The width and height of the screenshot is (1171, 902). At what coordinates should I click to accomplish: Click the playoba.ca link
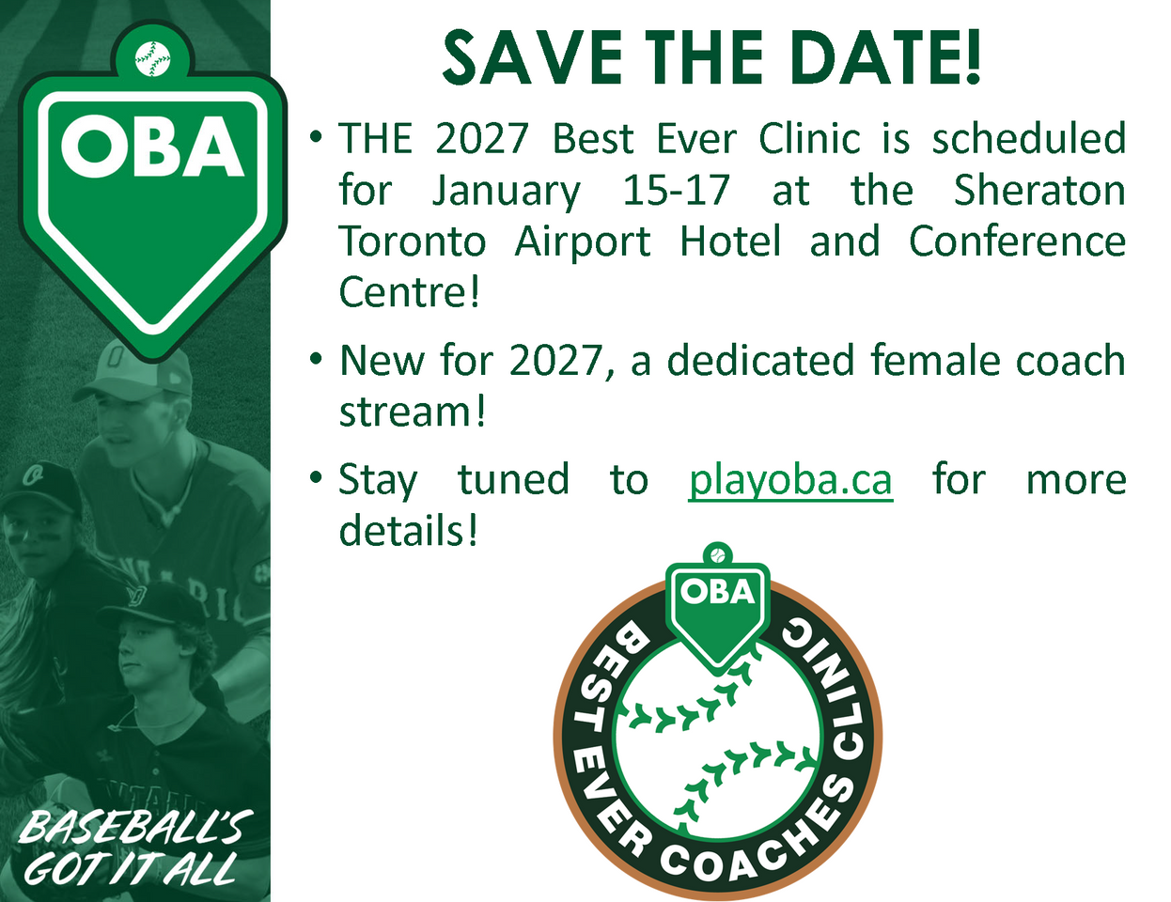click(x=790, y=480)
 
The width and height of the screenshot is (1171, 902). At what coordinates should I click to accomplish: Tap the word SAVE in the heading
click(x=531, y=57)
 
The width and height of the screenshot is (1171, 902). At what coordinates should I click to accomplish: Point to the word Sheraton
click(x=1039, y=190)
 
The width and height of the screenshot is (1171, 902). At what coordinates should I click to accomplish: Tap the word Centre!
click(x=409, y=291)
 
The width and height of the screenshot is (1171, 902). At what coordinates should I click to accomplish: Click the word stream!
click(x=413, y=412)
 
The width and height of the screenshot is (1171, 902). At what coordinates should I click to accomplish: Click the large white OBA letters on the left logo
click(x=152, y=147)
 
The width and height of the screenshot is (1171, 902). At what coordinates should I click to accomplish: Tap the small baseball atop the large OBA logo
click(x=152, y=58)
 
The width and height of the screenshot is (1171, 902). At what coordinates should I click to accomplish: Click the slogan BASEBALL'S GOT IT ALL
click(x=134, y=848)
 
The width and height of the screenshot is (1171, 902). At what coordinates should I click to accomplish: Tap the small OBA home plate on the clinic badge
click(x=718, y=613)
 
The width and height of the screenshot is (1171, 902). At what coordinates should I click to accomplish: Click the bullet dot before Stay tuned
click(x=317, y=476)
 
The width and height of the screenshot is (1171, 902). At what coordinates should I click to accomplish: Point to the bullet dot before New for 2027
click(x=317, y=358)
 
